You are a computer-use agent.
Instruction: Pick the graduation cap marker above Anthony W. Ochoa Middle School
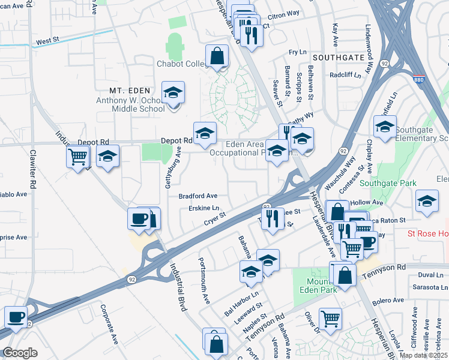click(x=173, y=94)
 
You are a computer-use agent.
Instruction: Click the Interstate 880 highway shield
click(x=420, y=79)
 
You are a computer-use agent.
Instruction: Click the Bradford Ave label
click(x=197, y=196)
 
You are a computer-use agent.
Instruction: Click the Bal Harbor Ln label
click(x=240, y=304)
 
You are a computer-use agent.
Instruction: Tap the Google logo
click(x=20, y=353)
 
